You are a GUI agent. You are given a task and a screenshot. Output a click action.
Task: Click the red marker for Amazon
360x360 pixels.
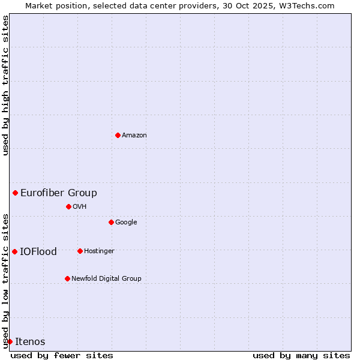coord(118,135)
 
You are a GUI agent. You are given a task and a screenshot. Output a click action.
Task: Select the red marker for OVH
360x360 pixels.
coord(68,206)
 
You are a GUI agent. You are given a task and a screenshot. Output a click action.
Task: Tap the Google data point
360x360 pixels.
coord(111,222)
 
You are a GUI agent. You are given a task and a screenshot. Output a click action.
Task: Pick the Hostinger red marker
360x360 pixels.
coord(80,251)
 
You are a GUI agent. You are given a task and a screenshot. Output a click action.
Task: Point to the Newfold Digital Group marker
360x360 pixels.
coord(67,278)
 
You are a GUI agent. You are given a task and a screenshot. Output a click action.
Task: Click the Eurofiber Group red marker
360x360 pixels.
coord(15,193)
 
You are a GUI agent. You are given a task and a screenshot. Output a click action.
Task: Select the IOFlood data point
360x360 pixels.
coord(14,251)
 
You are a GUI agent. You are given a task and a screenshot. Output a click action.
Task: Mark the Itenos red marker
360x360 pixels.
coord(10,341)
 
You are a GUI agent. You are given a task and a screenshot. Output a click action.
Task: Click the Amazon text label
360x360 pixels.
coord(134,136)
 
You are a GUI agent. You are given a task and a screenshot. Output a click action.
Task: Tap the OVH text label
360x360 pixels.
coord(80,207)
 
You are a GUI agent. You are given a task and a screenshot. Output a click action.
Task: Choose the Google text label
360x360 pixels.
coord(126,223)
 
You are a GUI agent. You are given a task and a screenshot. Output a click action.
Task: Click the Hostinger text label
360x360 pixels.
coord(99,251)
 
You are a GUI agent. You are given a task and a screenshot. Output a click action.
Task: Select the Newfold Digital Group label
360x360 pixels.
coord(106,278)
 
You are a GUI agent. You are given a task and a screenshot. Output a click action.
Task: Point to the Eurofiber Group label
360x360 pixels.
coord(59,193)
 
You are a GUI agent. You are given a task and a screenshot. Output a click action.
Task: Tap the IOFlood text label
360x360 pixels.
coord(38,252)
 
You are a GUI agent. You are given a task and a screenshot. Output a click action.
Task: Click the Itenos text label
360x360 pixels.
coord(30,342)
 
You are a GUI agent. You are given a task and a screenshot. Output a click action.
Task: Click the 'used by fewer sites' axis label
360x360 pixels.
coord(62,355)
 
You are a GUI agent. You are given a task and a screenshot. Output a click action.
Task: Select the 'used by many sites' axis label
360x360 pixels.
coord(301,355)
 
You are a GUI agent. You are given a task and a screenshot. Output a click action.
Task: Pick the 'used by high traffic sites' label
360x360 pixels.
coord(5,86)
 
